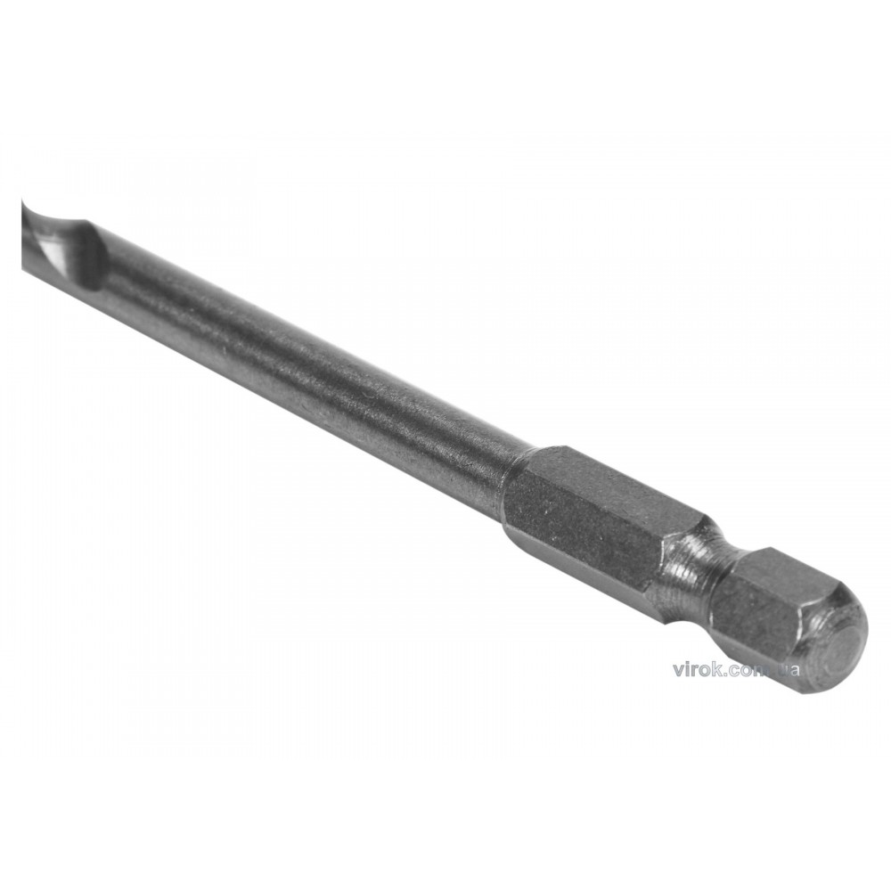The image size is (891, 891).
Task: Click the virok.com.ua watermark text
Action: (736, 669)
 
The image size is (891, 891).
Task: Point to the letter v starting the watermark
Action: (678, 671)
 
